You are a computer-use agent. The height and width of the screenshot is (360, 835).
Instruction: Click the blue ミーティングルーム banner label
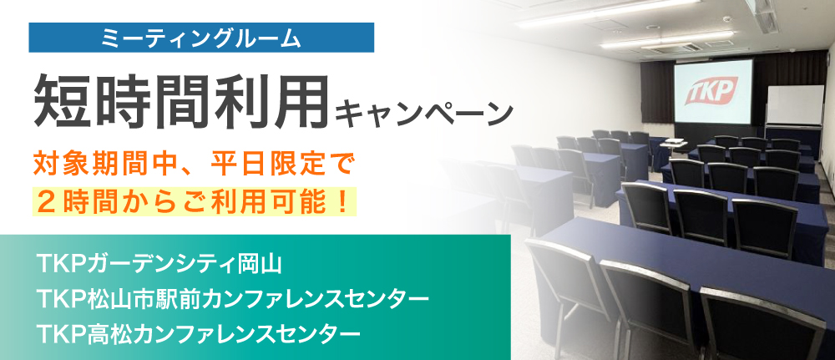click(201, 38)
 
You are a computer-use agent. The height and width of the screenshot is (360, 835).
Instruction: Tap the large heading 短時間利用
click(181, 101)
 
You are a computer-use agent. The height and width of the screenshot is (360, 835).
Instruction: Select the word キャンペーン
click(423, 113)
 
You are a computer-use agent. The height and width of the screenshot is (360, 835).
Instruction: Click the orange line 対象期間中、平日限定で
click(193, 165)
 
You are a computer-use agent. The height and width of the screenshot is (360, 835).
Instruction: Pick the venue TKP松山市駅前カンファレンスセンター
click(233, 299)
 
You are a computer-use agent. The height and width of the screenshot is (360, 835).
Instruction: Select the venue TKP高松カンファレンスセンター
click(199, 333)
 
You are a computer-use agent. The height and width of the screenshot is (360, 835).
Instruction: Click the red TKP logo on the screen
click(711, 90)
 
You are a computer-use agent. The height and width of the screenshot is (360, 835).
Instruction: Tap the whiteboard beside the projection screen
click(795, 105)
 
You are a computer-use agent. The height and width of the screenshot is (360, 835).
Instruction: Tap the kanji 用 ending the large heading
click(300, 101)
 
